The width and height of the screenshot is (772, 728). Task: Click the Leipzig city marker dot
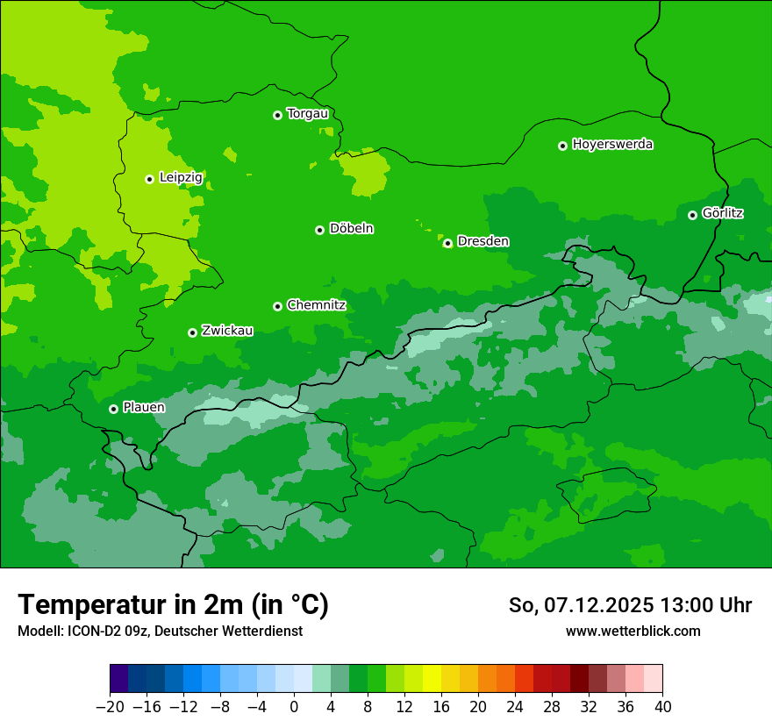pyautogui.click(x=149, y=179)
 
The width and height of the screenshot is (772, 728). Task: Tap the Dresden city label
pyautogui.click(x=482, y=241)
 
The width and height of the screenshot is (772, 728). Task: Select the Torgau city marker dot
pyautogui.click(x=277, y=115)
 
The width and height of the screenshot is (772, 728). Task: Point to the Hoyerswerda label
pyautogui.click(x=612, y=145)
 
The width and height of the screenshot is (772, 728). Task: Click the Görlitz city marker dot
pyautogui.click(x=692, y=215)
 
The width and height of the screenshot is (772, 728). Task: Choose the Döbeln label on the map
pyautogui.click(x=351, y=229)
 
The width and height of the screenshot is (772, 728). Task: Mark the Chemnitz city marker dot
pyautogui.click(x=277, y=306)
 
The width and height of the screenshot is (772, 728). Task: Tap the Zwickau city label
pyautogui.click(x=227, y=331)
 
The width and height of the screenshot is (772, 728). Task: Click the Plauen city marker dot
pyautogui.click(x=113, y=409)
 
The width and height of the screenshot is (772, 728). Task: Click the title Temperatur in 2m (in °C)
pyautogui.click(x=173, y=604)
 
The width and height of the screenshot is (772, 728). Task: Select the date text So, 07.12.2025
pyautogui.click(x=580, y=605)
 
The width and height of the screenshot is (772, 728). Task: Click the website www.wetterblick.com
pyautogui.click(x=633, y=631)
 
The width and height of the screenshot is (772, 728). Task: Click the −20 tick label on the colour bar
pyautogui.click(x=110, y=706)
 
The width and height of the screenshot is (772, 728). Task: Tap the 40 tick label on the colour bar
pyautogui.click(x=662, y=706)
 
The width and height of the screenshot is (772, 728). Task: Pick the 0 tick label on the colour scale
pyautogui.click(x=294, y=706)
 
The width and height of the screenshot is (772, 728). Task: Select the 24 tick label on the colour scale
pyautogui.click(x=515, y=706)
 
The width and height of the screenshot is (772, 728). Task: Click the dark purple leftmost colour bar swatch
pyautogui.click(x=119, y=678)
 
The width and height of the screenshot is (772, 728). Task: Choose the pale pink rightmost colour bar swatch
pyautogui.click(x=653, y=678)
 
